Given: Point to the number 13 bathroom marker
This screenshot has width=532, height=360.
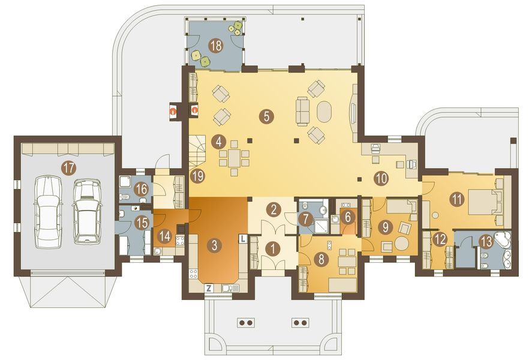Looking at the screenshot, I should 486,241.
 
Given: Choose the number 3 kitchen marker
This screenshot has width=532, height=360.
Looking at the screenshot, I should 213,244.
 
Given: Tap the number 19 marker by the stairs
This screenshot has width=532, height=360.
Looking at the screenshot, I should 197,176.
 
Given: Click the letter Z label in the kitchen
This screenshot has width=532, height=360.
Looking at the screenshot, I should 209,289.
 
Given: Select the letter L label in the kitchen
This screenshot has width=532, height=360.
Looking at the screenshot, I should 242,238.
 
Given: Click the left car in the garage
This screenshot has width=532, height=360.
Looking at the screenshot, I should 47,211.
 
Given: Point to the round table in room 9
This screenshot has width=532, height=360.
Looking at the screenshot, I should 401,244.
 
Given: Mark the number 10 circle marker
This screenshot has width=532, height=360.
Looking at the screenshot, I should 381,177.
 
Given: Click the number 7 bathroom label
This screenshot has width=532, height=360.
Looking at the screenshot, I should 305,220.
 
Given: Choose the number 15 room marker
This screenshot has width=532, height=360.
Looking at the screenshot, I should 142,223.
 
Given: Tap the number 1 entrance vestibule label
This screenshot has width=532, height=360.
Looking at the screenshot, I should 273,248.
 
